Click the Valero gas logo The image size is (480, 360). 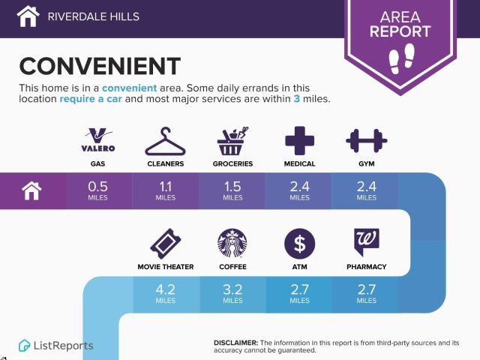(98, 140)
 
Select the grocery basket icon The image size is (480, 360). (232, 141)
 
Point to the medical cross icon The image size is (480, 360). (299, 140)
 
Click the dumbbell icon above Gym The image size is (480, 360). (367, 141)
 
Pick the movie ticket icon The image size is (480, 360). (166, 244)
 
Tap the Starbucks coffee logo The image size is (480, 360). (232, 243)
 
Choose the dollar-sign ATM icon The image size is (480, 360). (299, 244)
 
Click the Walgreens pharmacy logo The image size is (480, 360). (367, 242)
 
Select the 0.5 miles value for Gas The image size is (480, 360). (97, 190)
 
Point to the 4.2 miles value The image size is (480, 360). (165, 293)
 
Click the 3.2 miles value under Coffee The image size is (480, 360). (232, 293)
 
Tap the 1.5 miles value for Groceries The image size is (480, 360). (232, 190)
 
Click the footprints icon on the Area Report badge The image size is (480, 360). (401, 58)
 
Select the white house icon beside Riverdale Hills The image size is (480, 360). (28, 16)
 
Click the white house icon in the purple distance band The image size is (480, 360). (31, 190)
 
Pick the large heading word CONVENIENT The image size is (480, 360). (100, 66)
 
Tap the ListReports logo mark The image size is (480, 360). (24, 346)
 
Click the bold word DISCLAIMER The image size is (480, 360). (235, 343)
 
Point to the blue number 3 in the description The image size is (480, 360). (297, 98)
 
